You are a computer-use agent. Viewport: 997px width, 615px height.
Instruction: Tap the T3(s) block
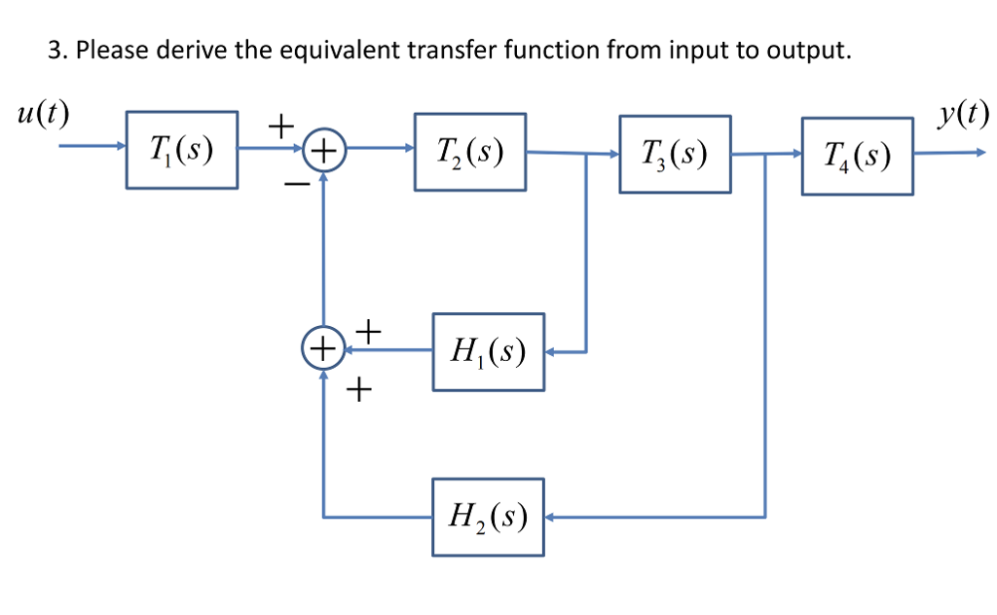tap(675, 154)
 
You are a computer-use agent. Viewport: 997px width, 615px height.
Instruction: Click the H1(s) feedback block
tap(488, 351)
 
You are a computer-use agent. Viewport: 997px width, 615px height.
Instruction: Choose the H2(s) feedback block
tap(488, 517)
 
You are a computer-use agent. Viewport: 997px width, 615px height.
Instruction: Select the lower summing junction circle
tap(321, 347)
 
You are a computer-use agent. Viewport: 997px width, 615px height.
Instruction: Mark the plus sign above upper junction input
tap(280, 125)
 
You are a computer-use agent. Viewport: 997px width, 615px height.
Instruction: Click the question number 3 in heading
tap(55, 52)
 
